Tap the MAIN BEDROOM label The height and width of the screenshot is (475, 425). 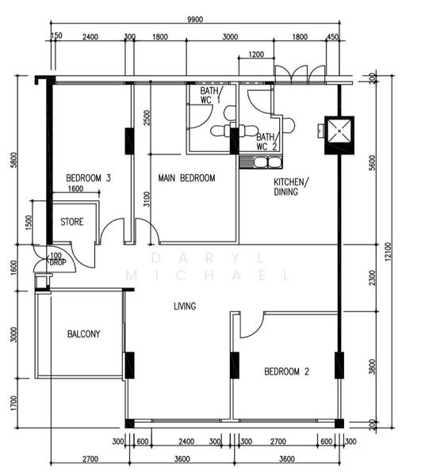tap(186, 178)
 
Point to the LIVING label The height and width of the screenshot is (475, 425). tap(186, 306)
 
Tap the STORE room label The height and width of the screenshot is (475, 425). tap(72, 222)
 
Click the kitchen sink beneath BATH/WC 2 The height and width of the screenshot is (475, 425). tap(262, 163)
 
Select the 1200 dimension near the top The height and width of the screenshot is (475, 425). tap(256, 55)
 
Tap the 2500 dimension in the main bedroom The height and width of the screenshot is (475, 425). tap(145, 119)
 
